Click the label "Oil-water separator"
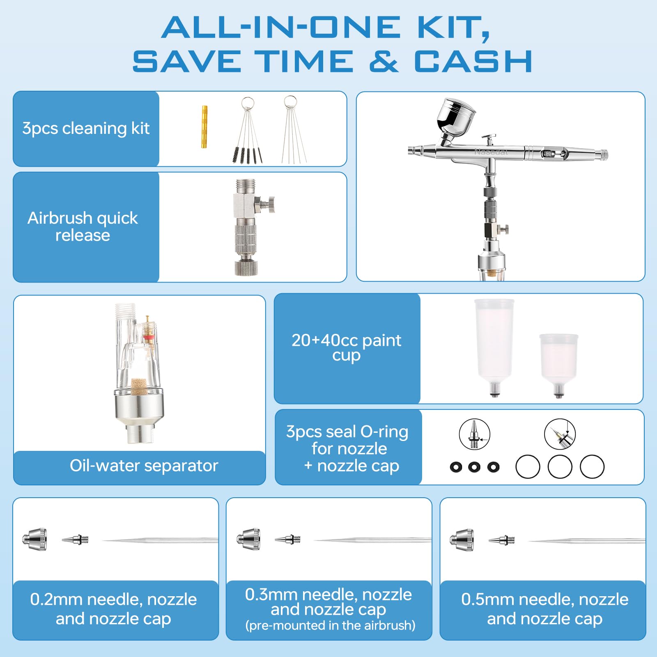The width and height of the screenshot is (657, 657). click(144, 466)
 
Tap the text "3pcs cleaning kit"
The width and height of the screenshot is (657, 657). click(86, 128)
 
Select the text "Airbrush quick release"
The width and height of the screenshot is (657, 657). click(83, 226)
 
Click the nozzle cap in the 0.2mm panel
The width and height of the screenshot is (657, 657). click(35, 539)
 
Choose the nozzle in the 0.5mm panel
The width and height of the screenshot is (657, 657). click(501, 540)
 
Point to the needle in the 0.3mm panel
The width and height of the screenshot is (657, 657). click(372, 540)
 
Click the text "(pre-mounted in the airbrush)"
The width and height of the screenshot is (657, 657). click(331, 625)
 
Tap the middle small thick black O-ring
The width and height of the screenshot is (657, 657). click(474, 467)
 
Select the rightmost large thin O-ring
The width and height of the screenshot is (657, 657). click(592, 467)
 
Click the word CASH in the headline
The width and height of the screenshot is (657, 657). click(473, 62)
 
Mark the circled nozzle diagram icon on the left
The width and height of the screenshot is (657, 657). click(474, 434)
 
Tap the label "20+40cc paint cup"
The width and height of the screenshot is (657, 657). click(347, 347)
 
